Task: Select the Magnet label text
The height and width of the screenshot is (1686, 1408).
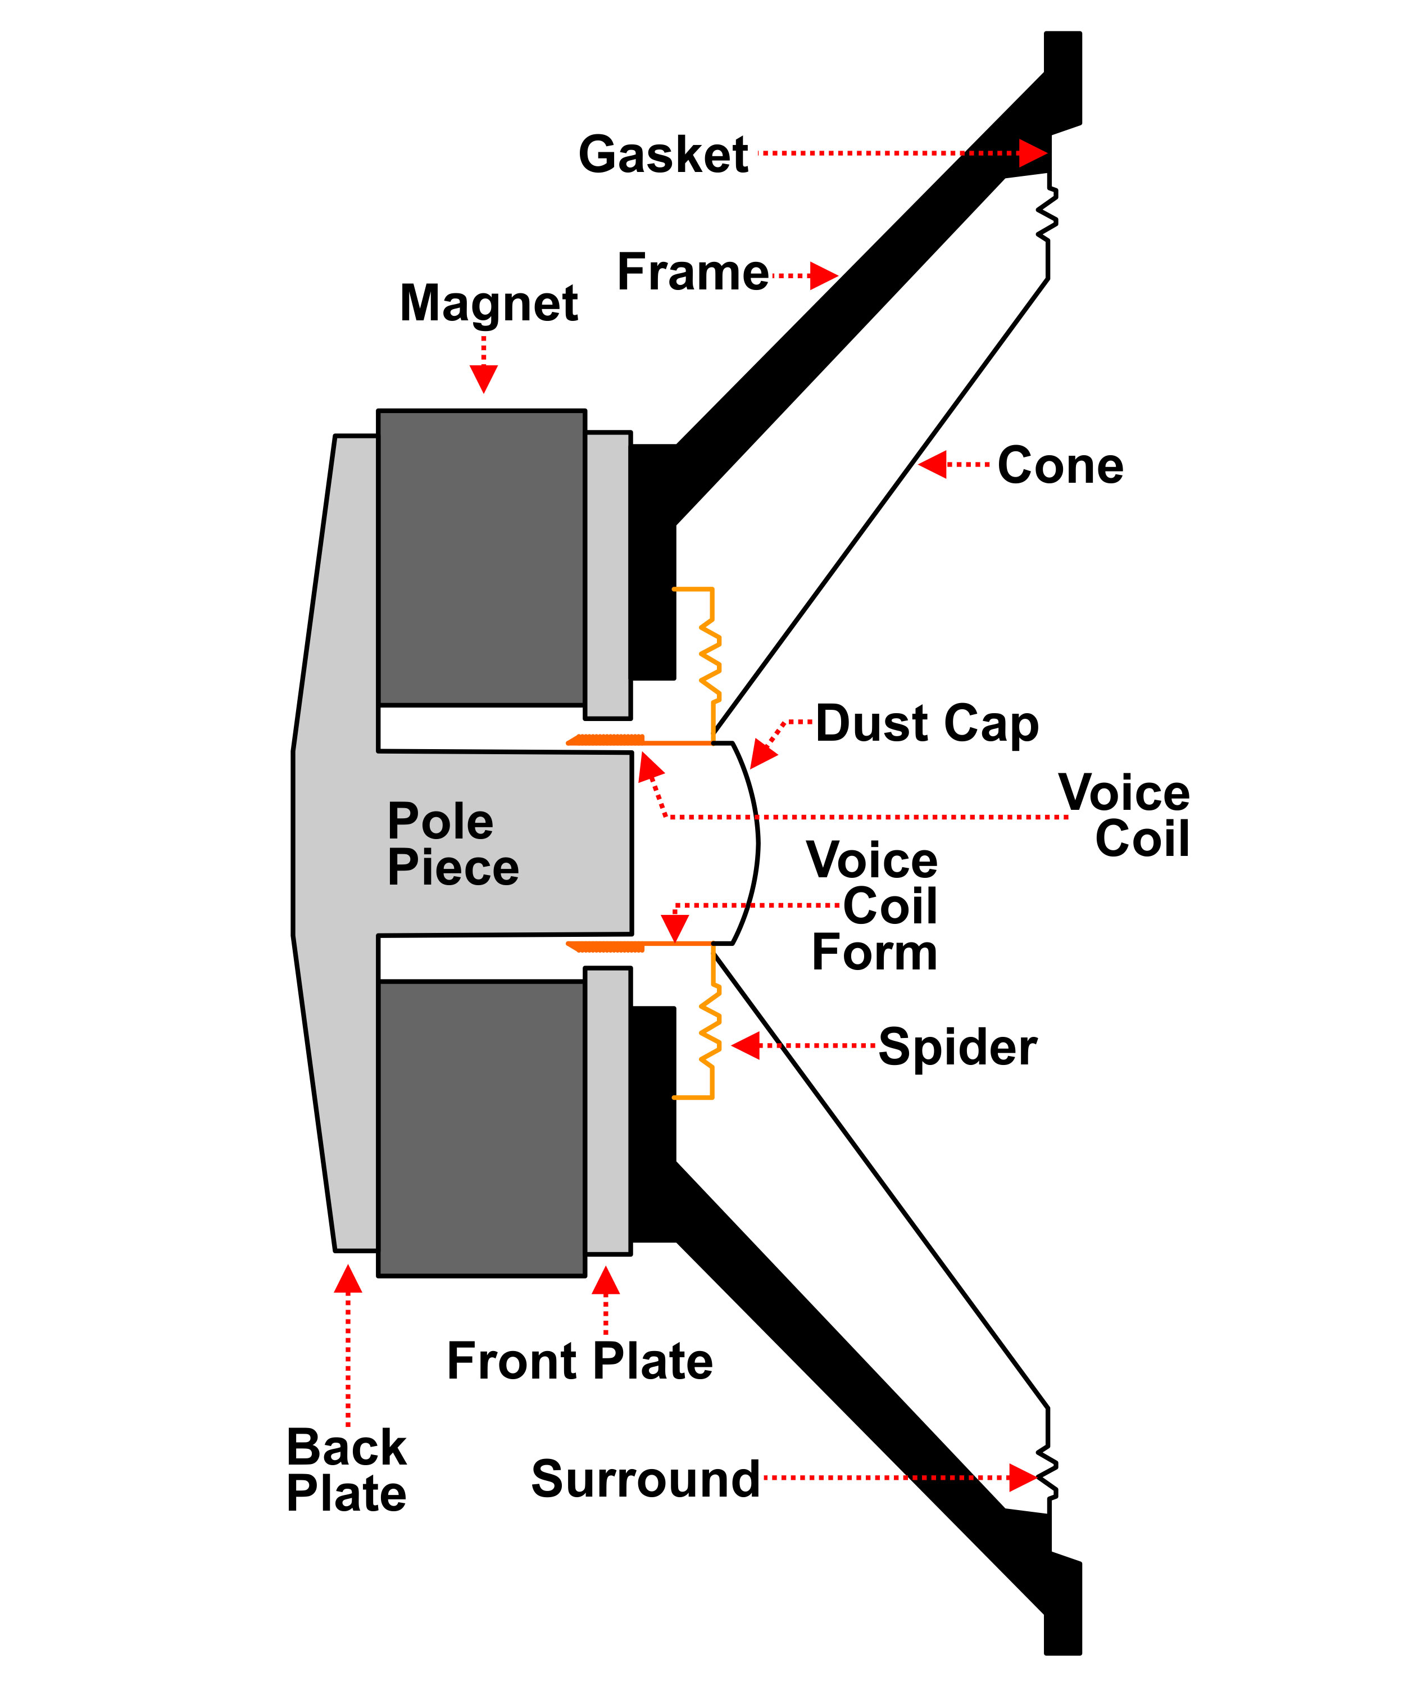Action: pyautogui.click(x=488, y=303)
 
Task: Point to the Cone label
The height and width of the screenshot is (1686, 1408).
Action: pyautogui.click(x=1060, y=466)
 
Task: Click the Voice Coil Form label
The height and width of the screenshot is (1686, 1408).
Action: pyautogui.click(x=873, y=907)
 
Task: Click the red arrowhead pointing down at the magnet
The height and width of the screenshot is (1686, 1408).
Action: pyautogui.click(x=483, y=378)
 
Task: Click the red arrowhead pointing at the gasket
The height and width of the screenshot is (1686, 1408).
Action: pyautogui.click(x=1033, y=152)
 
